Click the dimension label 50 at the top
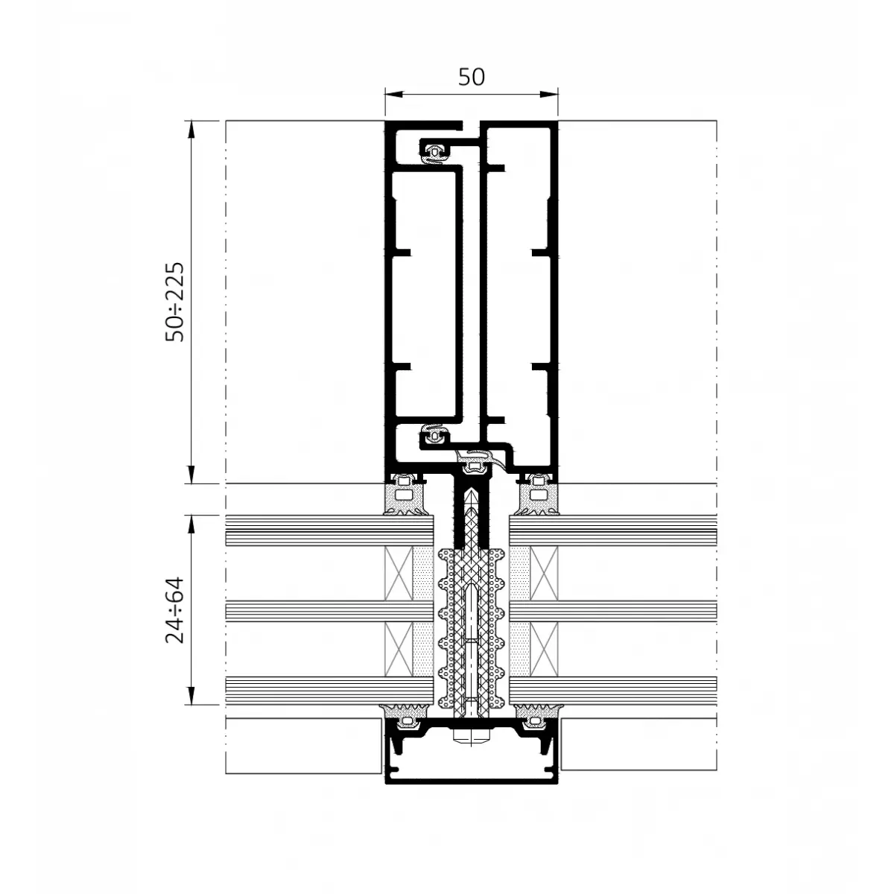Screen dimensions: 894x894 [x=472, y=77]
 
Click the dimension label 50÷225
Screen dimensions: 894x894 [x=175, y=302]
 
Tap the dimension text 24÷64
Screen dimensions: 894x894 [x=175, y=609]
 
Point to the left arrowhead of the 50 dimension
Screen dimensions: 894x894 [x=394, y=94]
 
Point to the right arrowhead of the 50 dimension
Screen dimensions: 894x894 [x=549, y=94]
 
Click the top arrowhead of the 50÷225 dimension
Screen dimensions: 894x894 [x=191, y=130]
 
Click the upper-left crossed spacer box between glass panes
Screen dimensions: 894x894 [x=399, y=574]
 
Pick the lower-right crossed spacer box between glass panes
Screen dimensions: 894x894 [x=544, y=650]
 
